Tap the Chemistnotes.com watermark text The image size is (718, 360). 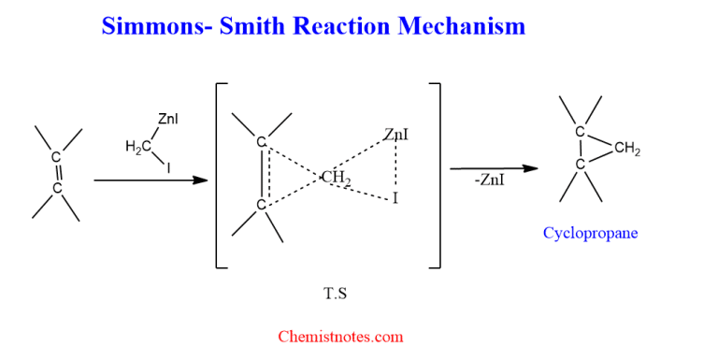(x=340, y=336)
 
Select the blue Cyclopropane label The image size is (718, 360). (x=590, y=233)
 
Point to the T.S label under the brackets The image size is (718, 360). (x=336, y=293)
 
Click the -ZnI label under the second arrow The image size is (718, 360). (x=489, y=180)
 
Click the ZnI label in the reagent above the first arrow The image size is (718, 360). (x=169, y=119)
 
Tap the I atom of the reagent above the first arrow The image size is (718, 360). (x=169, y=169)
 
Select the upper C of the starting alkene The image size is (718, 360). (x=56, y=157)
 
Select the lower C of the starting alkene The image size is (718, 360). (x=56, y=188)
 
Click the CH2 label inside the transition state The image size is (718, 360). (x=336, y=178)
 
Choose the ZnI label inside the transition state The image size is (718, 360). (x=395, y=136)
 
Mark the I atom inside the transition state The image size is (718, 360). (x=395, y=198)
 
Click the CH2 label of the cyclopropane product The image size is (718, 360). (x=627, y=149)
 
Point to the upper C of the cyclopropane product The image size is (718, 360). (x=580, y=132)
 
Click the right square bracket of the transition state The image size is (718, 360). (x=438, y=175)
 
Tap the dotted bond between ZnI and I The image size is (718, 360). (x=395, y=167)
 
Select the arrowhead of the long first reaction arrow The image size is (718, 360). (x=200, y=180)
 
